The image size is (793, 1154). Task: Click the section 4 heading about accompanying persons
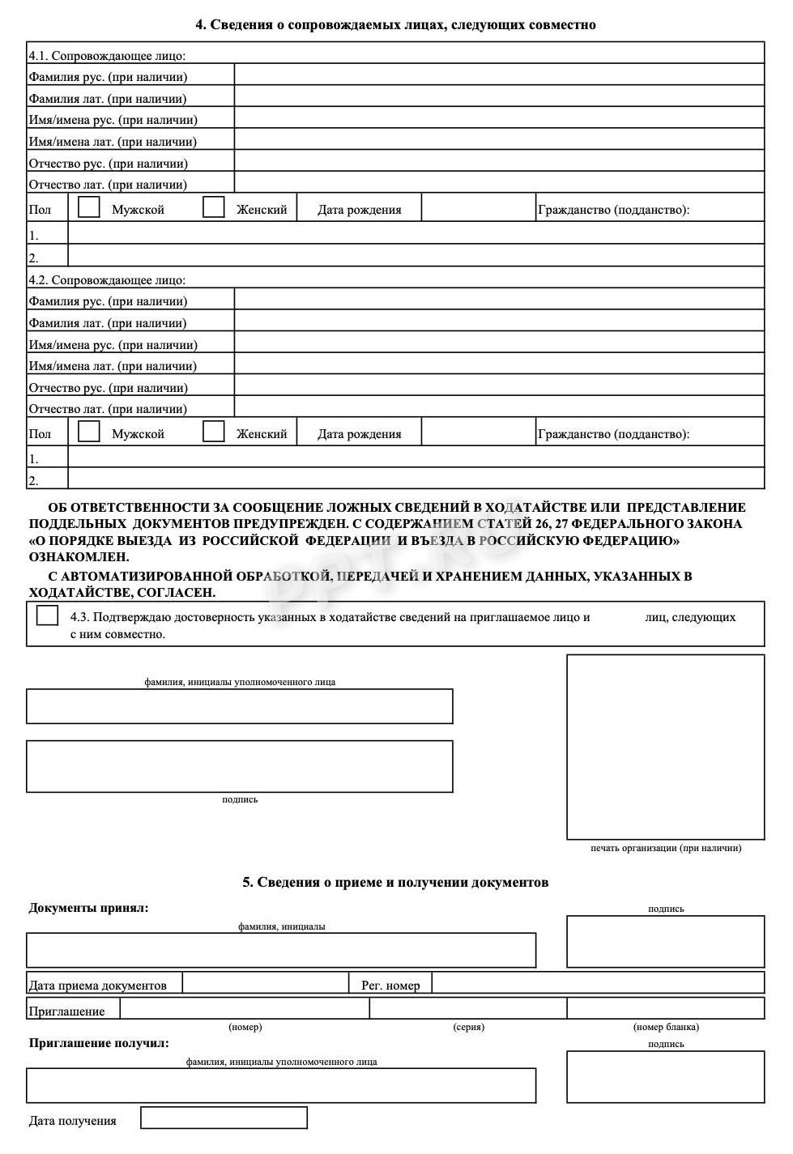pos(395,25)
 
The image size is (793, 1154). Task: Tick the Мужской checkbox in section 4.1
pos(89,207)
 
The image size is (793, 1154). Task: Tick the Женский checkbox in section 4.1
pos(214,207)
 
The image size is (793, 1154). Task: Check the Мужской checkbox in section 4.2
pos(89,432)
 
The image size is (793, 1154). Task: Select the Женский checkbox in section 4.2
pos(214,432)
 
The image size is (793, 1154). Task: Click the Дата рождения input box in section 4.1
pos(478,208)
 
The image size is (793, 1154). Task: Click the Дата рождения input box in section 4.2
pos(478,432)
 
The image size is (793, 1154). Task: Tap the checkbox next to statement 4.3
pos(48,616)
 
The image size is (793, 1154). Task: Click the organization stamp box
pos(665,747)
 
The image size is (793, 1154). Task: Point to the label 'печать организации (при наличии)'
pos(665,848)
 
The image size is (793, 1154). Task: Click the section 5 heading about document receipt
pos(395,882)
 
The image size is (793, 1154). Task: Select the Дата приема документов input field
pos(265,983)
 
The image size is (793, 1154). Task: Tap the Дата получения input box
pos(224,1118)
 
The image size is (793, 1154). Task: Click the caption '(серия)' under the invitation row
pos(468,1027)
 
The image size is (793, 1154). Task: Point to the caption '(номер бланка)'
pos(665,1027)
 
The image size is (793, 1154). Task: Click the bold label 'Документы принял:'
pos(89,908)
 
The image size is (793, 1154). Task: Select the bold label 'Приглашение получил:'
pos(99,1043)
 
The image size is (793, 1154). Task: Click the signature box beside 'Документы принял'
pos(665,942)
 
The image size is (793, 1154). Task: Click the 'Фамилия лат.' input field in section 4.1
pos(499,97)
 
